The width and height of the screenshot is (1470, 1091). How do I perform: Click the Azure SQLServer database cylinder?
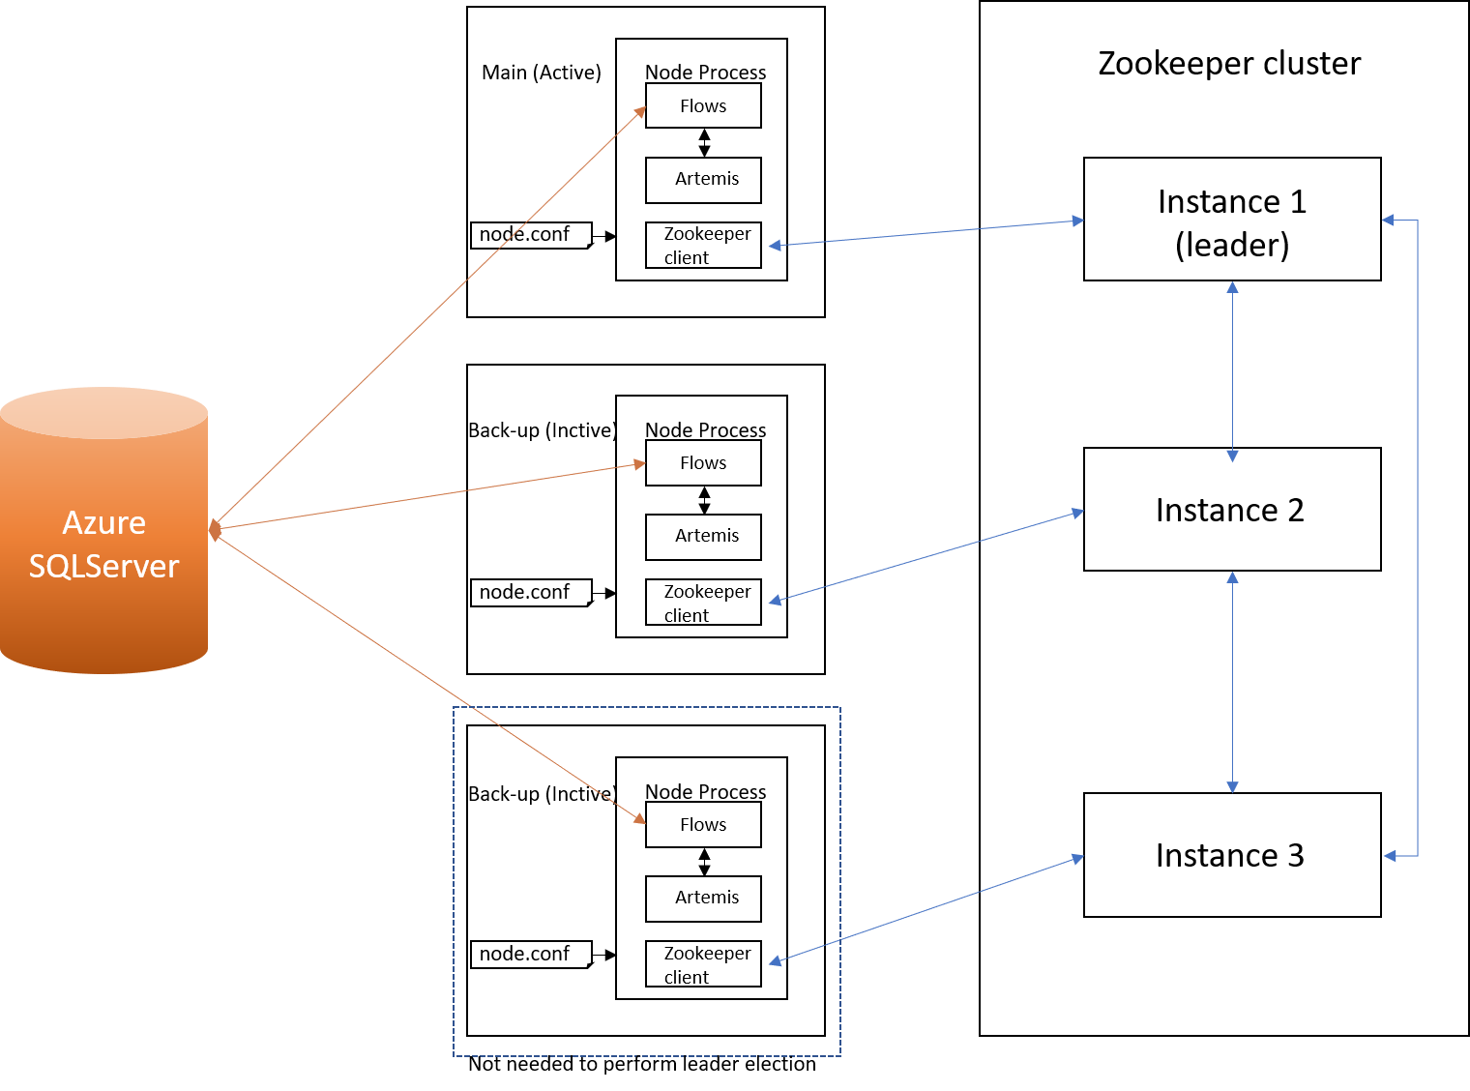[104, 530]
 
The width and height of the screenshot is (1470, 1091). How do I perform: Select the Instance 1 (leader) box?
[1232, 220]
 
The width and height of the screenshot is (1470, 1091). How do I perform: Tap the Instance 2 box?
[1232, 509]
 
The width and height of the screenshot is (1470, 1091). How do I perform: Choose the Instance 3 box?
[1232, 855]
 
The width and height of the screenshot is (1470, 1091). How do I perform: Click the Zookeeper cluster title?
[1229, 64]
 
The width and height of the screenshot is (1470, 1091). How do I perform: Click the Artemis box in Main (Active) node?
[703, 180]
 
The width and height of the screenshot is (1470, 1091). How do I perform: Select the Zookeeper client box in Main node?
[703, 246]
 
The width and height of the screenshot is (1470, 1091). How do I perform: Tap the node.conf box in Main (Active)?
[531, 235]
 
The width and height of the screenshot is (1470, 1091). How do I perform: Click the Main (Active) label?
[542, 73]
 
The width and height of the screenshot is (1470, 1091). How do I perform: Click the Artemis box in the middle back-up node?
[703, 536]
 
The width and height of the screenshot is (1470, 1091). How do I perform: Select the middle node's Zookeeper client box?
[703, 602]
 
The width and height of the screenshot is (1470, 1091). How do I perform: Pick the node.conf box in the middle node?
[531, 592]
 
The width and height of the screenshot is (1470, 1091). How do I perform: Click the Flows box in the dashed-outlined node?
[703, 825]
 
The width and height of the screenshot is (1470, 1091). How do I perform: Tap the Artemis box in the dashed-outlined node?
[703, 899]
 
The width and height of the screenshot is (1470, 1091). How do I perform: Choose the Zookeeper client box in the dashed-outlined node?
[703, 963]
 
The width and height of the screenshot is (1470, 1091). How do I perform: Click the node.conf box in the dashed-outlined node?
[531, 954]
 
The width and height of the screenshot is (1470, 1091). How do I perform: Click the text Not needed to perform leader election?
[641, 1064]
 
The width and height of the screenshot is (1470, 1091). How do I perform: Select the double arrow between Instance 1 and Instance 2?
[1232, 371]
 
